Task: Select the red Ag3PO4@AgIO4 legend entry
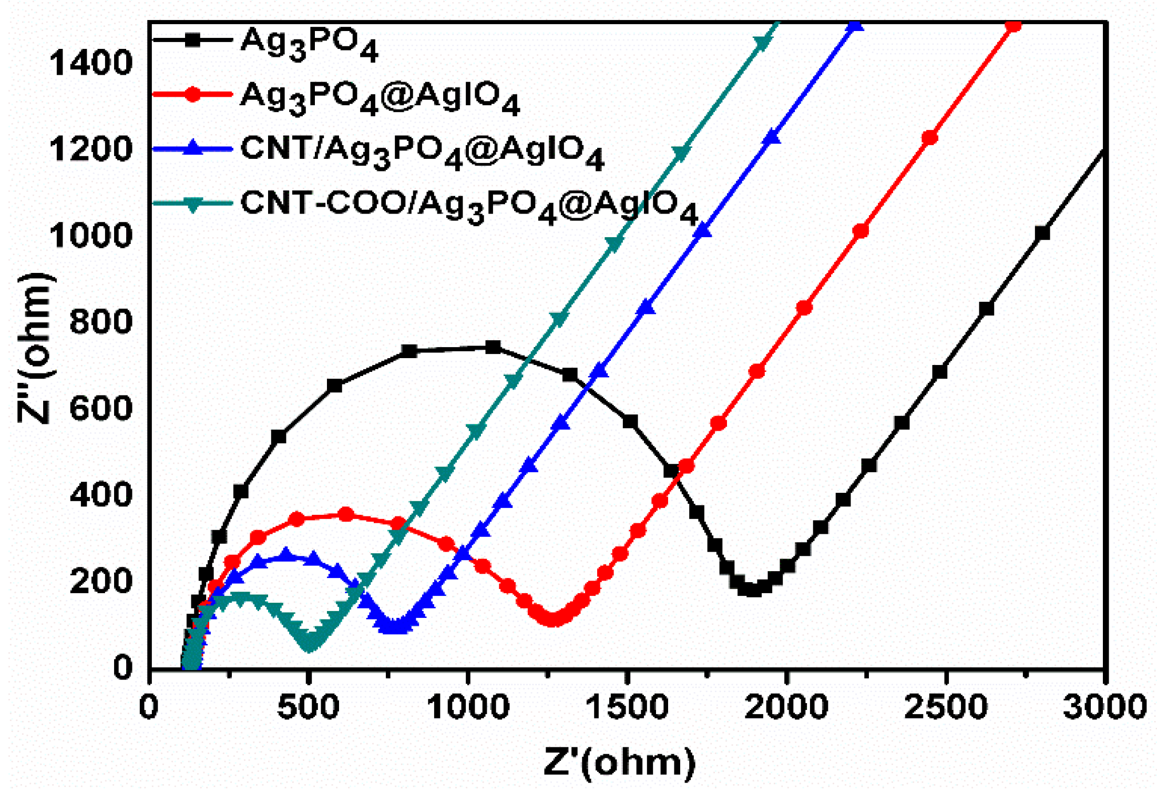(x=380, y=98)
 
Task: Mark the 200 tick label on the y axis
(x=100, y=581)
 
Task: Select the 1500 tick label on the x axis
(x=627, y=707)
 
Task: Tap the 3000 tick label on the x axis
(x=1104, y=707)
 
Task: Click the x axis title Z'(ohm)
(x=619, y=761)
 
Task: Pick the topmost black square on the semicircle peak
(x=493, y=347)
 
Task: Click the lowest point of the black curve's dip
(x=752, y=589)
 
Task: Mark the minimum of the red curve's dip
(x=552, y=619)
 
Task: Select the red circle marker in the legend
(x=192, y=95)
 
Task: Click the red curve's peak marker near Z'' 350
(x=345, y=514)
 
